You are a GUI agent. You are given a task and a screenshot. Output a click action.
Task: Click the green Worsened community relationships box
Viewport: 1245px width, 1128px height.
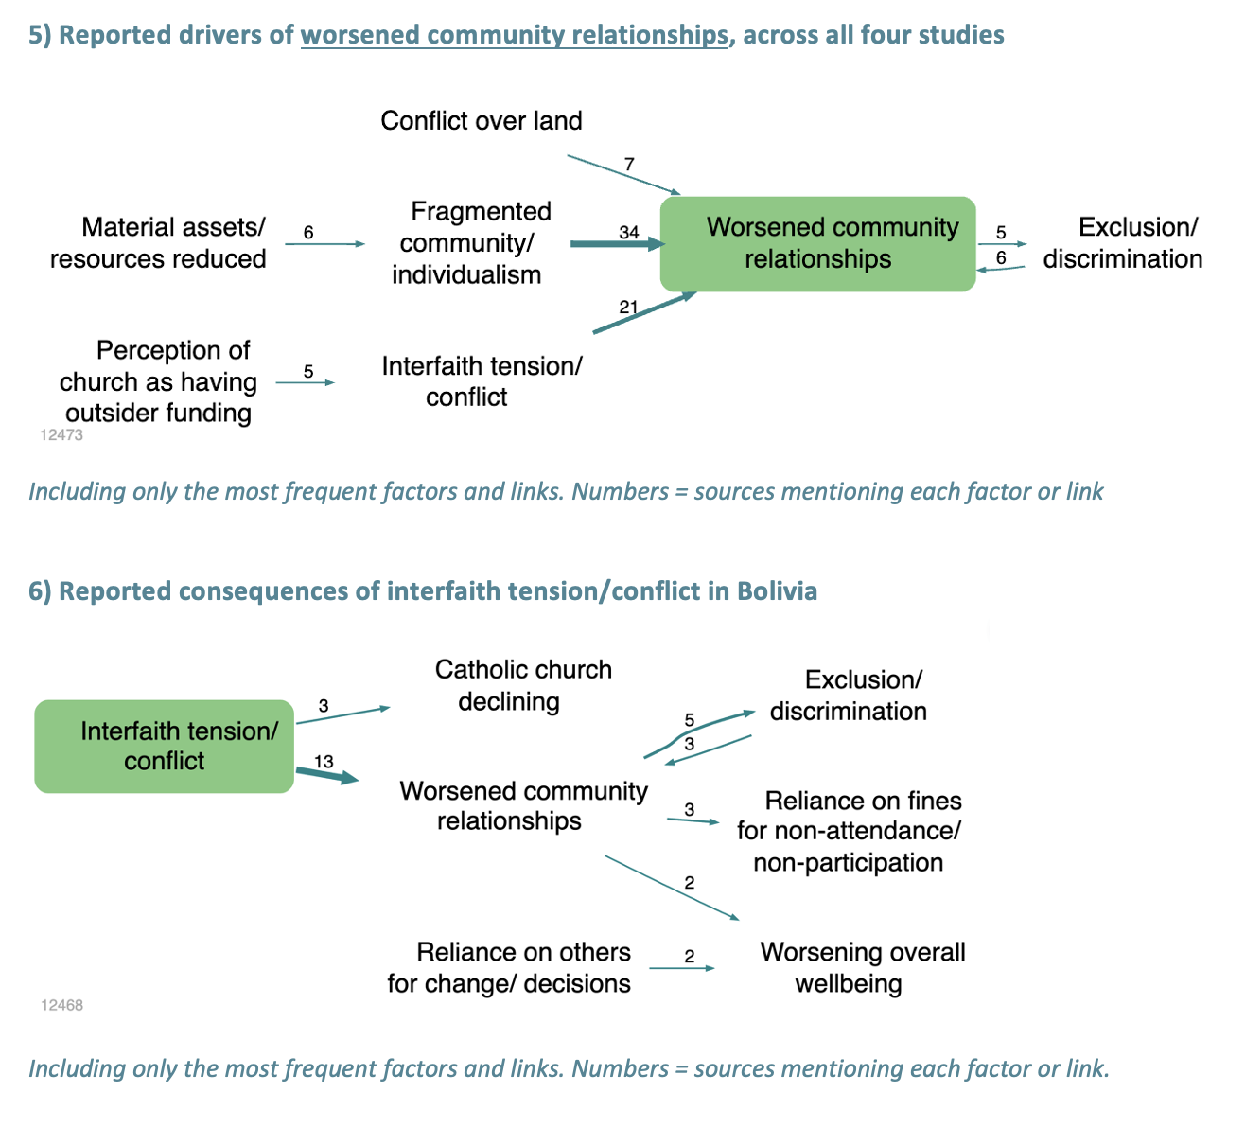(x=817, y=244)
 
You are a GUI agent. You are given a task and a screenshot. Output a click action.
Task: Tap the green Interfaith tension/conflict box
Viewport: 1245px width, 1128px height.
(x=164, y=747)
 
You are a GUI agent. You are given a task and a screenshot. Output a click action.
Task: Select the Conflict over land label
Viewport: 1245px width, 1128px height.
(x=481, y=120)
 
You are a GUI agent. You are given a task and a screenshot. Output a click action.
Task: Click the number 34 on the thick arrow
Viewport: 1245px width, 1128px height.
(x=629, y=232)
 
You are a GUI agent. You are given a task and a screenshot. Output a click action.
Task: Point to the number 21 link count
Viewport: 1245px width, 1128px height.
(x=628, y=307)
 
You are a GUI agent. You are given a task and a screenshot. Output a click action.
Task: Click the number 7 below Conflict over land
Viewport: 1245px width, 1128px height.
(x=629, y=164)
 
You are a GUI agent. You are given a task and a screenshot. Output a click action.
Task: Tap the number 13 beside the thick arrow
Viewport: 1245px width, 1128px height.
(x=324, y=761)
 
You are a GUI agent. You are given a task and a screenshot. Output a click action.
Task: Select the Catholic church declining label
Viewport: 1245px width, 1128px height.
(x=523, y=685)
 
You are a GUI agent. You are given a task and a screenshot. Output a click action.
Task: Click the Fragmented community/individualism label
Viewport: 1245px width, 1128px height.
(x=473, y=243)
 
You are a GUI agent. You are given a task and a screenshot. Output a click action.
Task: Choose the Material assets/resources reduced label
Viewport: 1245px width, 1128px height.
(x=158, y=243)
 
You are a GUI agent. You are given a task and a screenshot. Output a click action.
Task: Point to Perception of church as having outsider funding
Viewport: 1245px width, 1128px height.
(x=158, y=381)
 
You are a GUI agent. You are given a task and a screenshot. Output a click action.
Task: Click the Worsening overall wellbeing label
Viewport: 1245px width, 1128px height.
(x=863, y=967)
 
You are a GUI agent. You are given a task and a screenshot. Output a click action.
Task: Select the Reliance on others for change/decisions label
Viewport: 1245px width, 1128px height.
(x=509, y=967)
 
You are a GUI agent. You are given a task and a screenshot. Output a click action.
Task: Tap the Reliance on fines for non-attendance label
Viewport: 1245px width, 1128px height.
(x=849, y=831)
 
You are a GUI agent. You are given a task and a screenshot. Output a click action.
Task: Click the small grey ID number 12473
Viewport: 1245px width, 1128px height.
(x=61, y=434)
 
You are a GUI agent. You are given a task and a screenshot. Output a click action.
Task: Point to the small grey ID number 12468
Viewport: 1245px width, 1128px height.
(x=61, y=1005)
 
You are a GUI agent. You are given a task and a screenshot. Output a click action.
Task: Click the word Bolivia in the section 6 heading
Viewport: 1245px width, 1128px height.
(x=777, y=591)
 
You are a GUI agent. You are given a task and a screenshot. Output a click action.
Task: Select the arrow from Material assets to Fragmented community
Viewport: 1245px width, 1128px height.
(x=325, y=244)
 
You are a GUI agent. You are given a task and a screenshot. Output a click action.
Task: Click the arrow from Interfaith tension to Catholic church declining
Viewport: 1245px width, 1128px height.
(x=343, y=715)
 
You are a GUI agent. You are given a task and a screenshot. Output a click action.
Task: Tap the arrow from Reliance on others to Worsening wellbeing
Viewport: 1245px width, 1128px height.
(x=682, y=968)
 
